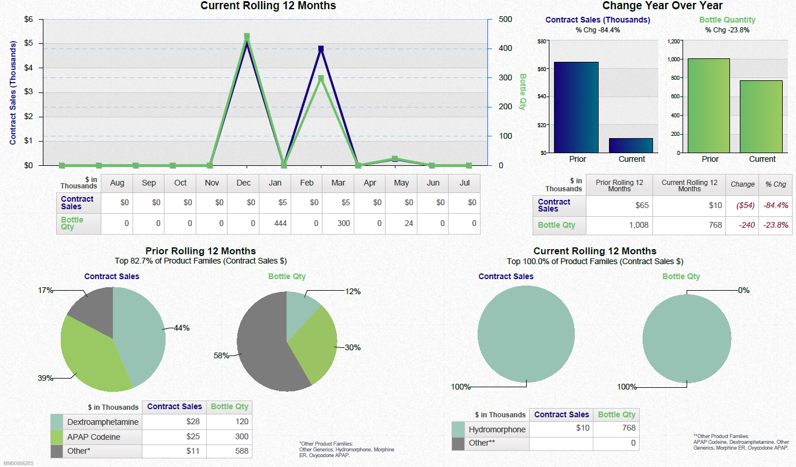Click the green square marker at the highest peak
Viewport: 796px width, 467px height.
247,36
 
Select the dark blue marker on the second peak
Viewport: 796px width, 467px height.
321,49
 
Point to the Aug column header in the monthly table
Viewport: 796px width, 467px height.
117,183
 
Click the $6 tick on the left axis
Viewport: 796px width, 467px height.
28,19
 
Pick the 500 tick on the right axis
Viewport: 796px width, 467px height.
505,19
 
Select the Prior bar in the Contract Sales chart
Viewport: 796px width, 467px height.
576,107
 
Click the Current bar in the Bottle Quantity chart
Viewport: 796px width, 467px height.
761,116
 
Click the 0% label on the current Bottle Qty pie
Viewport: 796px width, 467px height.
743,290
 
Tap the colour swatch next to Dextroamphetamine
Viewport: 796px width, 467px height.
57,422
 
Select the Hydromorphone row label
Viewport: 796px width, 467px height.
497,429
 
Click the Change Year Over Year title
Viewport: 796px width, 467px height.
662,6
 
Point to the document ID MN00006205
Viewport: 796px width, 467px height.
19,464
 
